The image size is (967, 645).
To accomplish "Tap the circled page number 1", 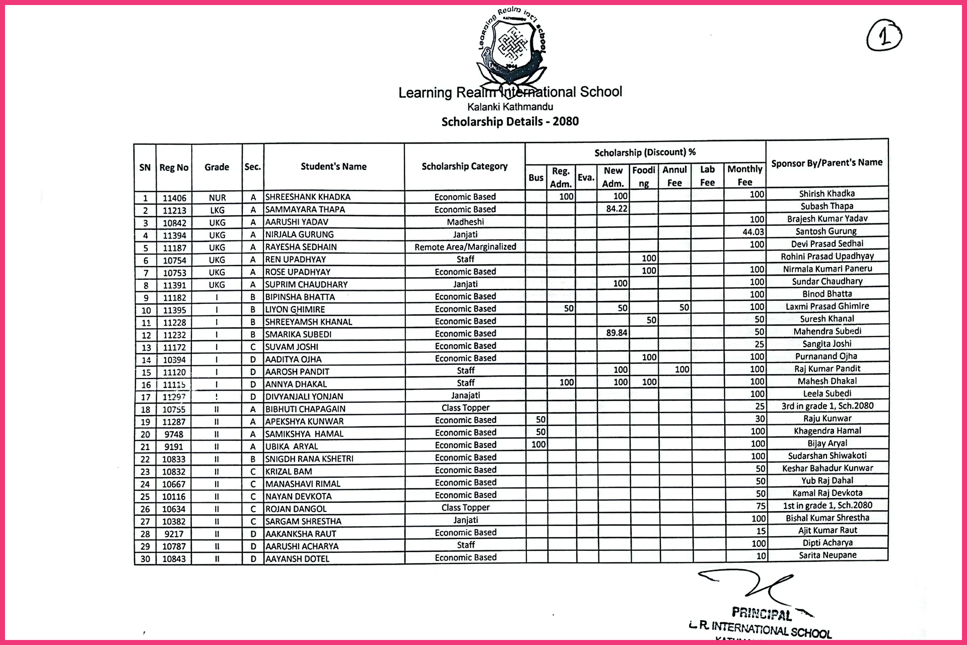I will pyautogui.click(x=884, y=36).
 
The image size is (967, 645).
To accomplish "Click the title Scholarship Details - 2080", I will pyautogui.click(x=510, y=121).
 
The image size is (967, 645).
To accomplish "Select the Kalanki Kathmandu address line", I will pyautogui.click(x=510, y=107).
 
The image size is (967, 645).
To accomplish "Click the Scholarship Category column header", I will pyautogui.click(x=464, y=166).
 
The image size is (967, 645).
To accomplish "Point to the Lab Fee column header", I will pyautogui.click(x=707, y=176).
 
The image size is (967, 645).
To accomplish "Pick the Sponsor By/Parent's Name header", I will pyautogui.click(x=826, y=163).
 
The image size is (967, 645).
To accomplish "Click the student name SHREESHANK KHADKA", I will pyautogui.click(x=308, y=197).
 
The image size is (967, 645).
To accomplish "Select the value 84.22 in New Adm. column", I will pyautogui.click(x=616, y=209).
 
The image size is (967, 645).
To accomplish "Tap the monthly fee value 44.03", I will pyautogui.click(x=753, y=232).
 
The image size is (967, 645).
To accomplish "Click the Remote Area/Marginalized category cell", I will pyautogui.click(x=465, y=247).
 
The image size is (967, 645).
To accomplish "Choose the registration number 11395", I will pyautogui.click(x=174, y=310).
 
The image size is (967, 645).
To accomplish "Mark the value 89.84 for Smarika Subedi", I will pyautogui.click(x=616, y=333).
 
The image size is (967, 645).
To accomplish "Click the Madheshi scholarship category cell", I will pyautogui.click(x=465, y=222).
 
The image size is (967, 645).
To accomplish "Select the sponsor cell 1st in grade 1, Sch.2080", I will pyautogui.click(x=827, y=505).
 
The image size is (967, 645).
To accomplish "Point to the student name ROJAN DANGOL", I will pyautogui.click(x=296, y=509).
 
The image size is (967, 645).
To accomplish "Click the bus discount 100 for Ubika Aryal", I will pyautogui.click(x=538, y=444).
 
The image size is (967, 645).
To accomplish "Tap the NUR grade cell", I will pyautogui.click(x=217, y=198).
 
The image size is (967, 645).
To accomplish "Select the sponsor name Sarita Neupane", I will pyautogui.click(x=827, y=555).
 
